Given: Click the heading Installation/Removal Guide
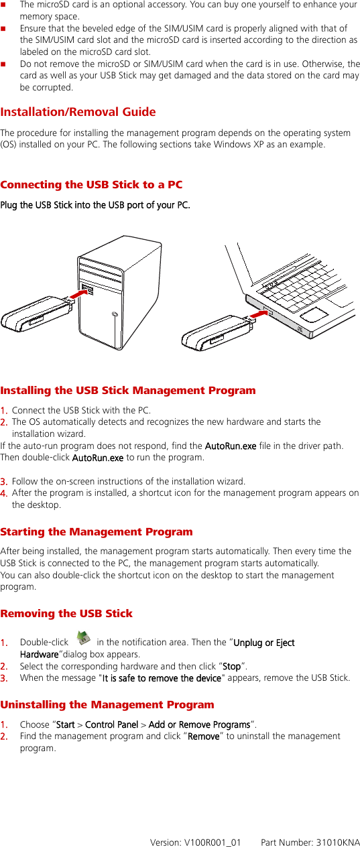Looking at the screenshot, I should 78,112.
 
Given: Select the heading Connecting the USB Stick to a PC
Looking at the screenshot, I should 91,184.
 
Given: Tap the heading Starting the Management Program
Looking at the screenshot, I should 97,532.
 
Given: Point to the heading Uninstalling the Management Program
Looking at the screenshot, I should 107,704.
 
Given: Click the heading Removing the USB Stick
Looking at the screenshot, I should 66,613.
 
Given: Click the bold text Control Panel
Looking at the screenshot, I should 111,724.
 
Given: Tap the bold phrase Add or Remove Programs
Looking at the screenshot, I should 199,724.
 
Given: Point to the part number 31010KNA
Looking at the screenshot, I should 335,841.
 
